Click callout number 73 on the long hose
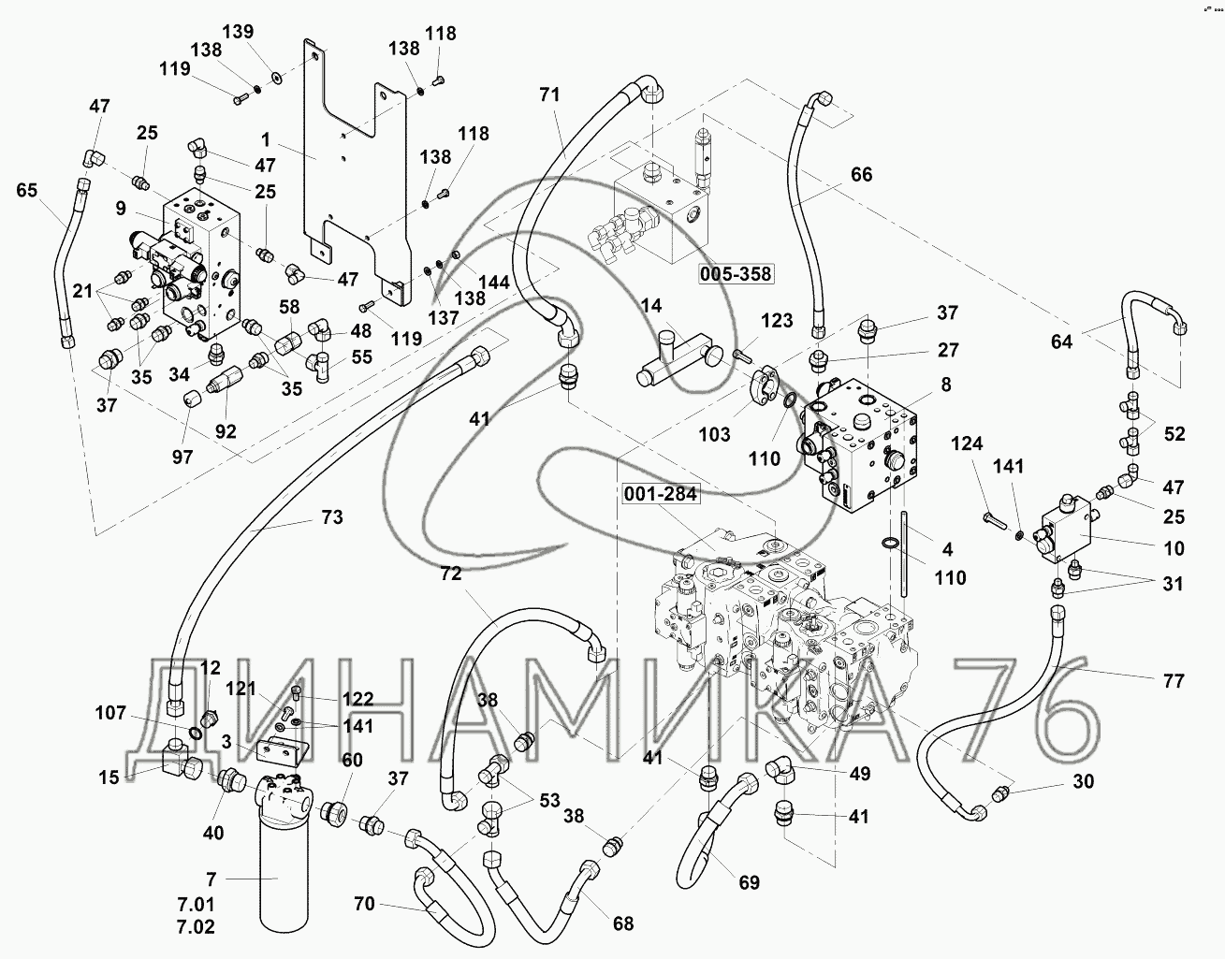click(x=331, y=517)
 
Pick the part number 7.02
click(x=195, y=927)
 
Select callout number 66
click(x=861, y=174)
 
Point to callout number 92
click(x=226, y=431)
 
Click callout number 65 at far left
click(x=28, y=191)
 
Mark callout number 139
click(x=242, y=32)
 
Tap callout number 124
click(x=969, y=443)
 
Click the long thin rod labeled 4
click(x=904, y=552)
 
